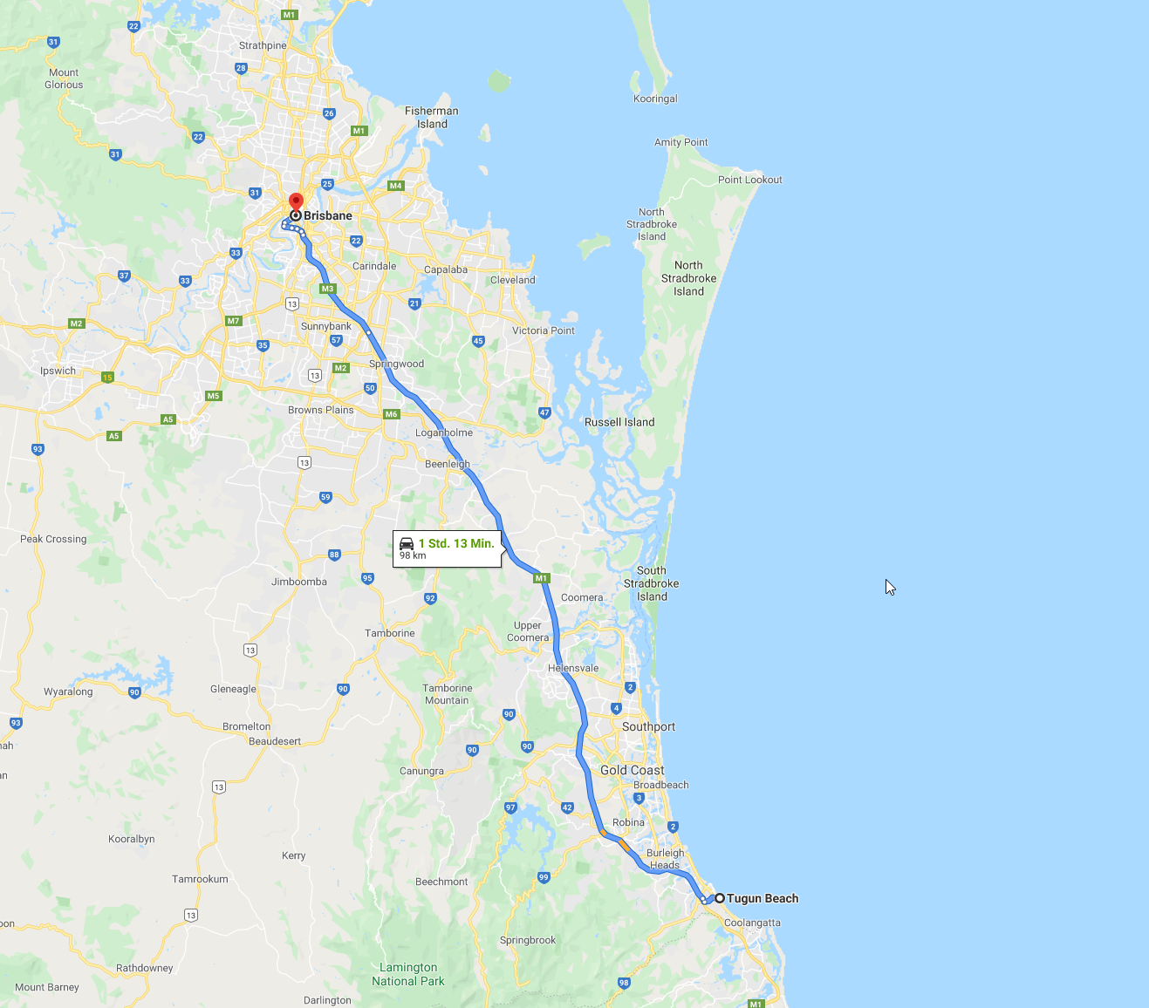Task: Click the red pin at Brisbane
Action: click(x=296, y=201)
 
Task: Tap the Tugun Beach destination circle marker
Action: click(x=720, y=898)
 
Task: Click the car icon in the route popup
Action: click(x=407, y=543)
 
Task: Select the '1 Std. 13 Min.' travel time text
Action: click(x=456, y=543)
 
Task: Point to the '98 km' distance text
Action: click(x=413, y=555)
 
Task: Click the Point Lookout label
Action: click(x=749, y=180)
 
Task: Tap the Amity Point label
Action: click(x=681, y=142)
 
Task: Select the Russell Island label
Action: click(x=619, y=422)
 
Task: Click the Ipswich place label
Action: click(x=58, y=371)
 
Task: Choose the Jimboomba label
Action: click(x=298, y=582)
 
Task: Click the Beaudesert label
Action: click(x=274, y=741)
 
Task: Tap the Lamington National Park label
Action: click(x=407, y=974)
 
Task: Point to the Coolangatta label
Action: click(x=752, y=923)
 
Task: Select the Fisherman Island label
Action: click(x=431, y=117)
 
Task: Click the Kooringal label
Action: click(x=655, y=99)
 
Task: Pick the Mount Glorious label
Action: click(x=64, y=78)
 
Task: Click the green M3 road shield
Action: click(x=327, y=289)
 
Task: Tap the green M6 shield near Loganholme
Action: click(x=392, y=414)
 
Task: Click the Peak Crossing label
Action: click(x=53, y=539)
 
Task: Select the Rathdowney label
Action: click(x=144, y=968)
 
